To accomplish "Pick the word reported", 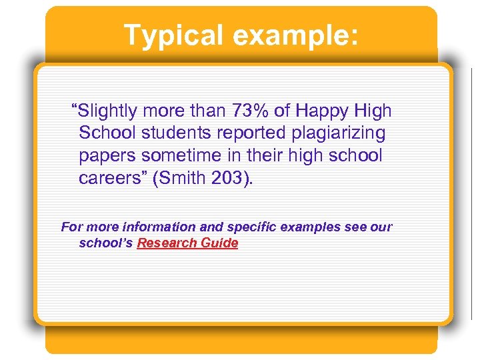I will coord(254,133).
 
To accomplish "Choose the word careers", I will coord(108,179).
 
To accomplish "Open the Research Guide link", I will coord(187,243).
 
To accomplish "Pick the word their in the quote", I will coord(262,156).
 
